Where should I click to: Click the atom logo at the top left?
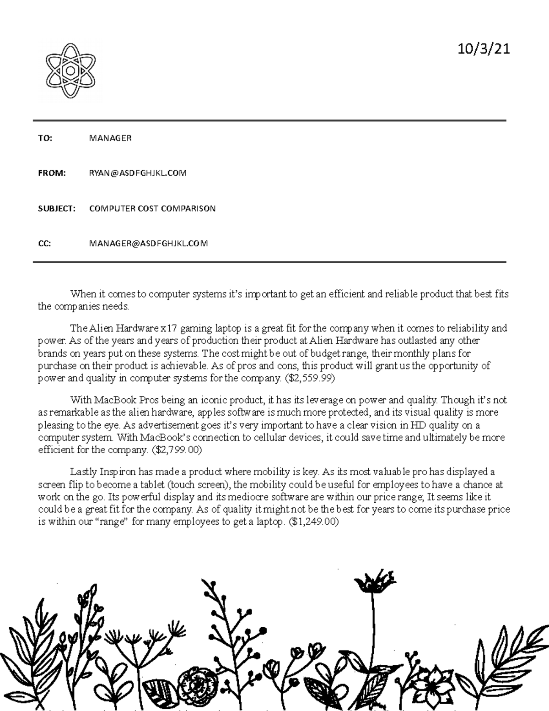pyautogui.click(x=70, y=71)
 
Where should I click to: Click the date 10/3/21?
pyautogui.click(x=484, y=49)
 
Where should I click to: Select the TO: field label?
pyautogui.click(x=45, y=138)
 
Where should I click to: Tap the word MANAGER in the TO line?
pyautogui.click(x=110, y=138)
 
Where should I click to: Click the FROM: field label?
pyautogui.click(x=52, y=173)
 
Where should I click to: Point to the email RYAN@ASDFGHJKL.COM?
pyautogui.click(x=138, y=173)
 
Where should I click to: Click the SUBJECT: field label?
pyautogui.click(x=56, y=208)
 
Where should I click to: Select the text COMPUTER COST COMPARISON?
pyautogui.click(x=152, y=208)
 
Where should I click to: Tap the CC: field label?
pyautogui.click(x=44, y=244)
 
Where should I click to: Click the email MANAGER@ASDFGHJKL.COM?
pyautogui.click(x=148, y=244)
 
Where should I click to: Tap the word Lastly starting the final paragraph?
pyautogui.click(x=83, y=472)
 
